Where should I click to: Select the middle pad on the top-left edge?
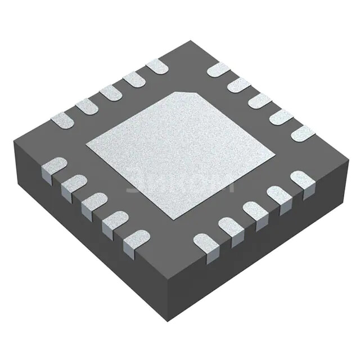(110, 92)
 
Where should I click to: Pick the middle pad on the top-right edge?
(259, 101)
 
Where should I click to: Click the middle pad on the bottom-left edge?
(93, 202)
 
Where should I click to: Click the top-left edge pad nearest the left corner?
(62, 119)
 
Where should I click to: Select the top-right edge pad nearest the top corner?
(218, 69)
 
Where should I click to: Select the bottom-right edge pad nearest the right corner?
(302, 181)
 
